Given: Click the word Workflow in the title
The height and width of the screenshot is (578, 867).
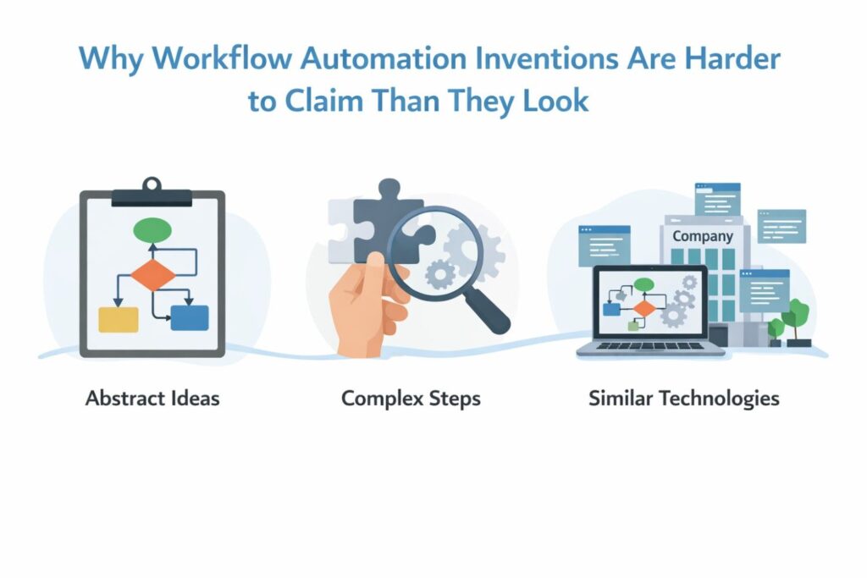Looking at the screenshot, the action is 223,59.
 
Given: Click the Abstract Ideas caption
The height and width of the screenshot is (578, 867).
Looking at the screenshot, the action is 152,399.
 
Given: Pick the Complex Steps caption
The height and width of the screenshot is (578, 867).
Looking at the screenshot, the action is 411,399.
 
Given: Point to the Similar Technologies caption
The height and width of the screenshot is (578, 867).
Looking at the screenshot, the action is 684,399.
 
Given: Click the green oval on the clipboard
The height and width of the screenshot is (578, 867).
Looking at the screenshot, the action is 152,230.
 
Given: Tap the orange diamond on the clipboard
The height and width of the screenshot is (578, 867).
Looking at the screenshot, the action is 152,275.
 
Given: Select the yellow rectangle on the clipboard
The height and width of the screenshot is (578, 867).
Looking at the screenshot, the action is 119,319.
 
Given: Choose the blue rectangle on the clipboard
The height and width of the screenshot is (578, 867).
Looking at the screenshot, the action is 190,317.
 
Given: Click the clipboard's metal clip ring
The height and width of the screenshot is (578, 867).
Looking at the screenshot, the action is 152,184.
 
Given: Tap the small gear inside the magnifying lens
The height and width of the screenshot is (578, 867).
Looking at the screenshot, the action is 440,274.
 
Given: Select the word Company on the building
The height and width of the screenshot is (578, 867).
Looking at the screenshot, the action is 703,236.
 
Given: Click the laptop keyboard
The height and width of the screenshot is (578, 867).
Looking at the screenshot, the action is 650,346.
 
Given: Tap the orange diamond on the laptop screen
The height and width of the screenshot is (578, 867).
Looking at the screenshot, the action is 643,308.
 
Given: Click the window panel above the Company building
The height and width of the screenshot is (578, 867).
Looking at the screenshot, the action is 718,200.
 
